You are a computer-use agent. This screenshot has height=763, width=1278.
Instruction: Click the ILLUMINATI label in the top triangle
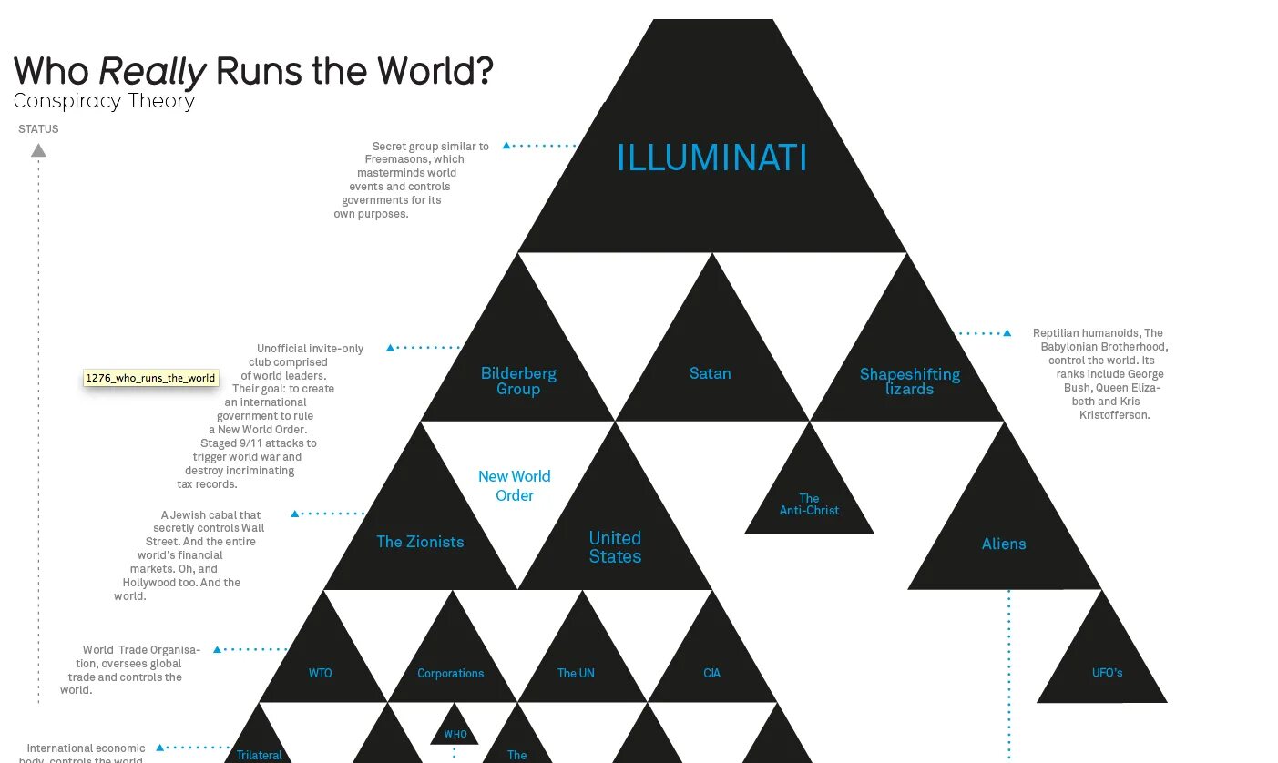pos(711,158)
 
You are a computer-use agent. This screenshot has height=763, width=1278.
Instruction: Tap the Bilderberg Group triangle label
pos(518,381)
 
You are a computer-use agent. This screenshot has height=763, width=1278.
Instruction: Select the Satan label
pos(710,373)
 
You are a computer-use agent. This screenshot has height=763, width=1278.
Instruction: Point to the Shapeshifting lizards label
pos(909,381)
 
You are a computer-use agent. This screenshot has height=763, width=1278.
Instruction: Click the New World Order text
pos(514,485)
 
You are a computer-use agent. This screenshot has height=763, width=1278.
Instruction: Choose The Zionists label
pos(420,542)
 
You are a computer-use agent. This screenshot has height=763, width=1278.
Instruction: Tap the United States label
pos(615,547)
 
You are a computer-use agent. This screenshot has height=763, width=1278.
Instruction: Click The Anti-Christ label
pos(809,504)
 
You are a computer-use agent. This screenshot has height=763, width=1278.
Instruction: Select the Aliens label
pos(1004,544)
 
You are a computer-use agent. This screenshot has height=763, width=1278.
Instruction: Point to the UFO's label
pos(1107,673)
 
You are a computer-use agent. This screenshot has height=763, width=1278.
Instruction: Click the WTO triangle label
pos(321,674)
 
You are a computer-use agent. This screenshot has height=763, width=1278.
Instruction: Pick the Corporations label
pos(451,674)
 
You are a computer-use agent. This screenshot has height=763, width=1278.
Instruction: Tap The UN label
pos(576,674)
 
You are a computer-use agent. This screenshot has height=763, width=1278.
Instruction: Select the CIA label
pos(712,674)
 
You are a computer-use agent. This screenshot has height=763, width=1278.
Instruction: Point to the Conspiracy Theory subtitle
pos(104,101)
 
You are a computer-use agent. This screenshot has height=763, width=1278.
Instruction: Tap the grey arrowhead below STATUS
pos(38,150)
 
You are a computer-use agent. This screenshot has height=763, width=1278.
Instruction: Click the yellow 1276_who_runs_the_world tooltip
pos(150,378)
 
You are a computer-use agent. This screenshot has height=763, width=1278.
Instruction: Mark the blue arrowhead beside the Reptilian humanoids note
pos(1007,333)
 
